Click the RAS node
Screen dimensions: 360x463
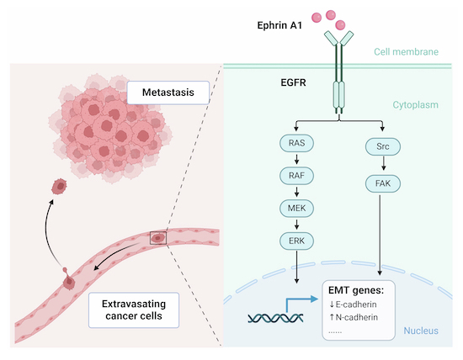click(295, 144)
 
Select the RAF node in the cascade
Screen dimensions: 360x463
click(295, 177)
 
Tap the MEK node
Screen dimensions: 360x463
click(295, 209)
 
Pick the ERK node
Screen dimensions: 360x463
click(295, 241)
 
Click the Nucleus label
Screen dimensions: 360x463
click(421, 331)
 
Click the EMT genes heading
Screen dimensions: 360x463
click(359, 290)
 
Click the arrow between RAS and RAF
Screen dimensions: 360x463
click(295, 160)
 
